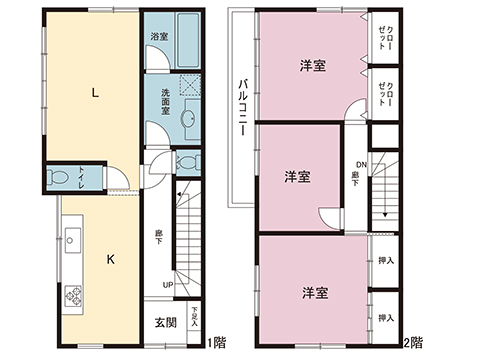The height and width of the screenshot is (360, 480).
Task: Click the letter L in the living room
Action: [x=95, y=94]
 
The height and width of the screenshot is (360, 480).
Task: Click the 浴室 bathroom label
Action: [x=159, y=37]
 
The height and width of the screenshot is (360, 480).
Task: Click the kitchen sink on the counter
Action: [x=72, y=239]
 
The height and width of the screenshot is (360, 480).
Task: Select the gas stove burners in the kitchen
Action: [x=73, y=295]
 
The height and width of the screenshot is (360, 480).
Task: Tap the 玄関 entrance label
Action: [x=166, y=322]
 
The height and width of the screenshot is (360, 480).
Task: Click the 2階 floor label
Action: [x=412, y=343]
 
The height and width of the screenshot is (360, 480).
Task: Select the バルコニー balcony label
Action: [x=242, y=105]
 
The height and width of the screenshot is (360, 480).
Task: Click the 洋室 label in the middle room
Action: [x=296, y=177]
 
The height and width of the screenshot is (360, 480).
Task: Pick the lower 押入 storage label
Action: [x=386, y=318]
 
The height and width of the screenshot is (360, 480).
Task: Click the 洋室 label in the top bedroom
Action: [x=313, y=66]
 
